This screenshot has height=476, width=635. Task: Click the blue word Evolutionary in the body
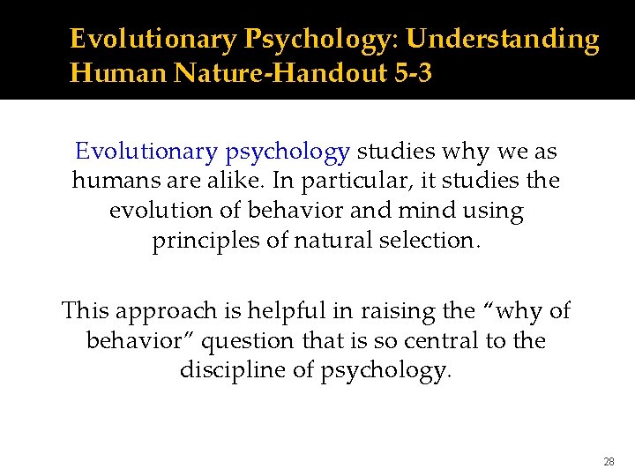pos(146,152)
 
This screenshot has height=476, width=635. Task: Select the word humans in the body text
pos(116,182)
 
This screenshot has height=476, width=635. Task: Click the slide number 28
pos(609,462)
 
